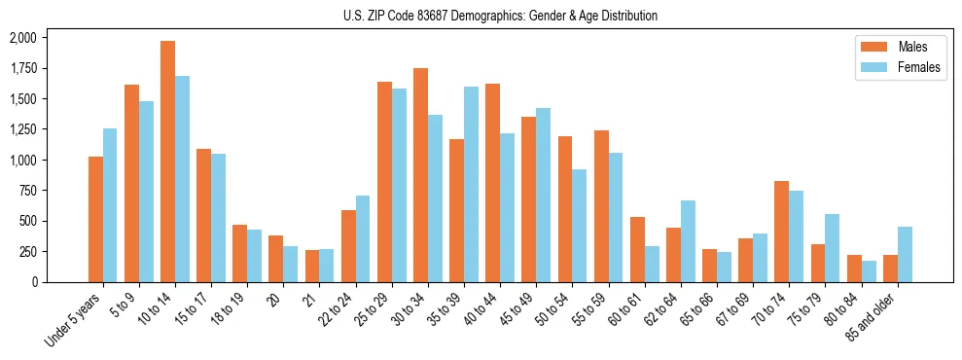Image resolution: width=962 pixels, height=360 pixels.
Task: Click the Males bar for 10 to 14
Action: (x=167, y=162)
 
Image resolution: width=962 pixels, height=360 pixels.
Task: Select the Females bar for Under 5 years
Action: (x=110, y=205)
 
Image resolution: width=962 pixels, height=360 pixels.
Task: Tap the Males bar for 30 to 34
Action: (x=420, y=175)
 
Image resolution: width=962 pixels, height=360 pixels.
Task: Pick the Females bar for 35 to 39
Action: (x=471, y=184)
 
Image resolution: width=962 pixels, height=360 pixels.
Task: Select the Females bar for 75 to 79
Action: (x=833, y=248)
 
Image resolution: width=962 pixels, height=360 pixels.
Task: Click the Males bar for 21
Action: (x=312, y=266)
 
